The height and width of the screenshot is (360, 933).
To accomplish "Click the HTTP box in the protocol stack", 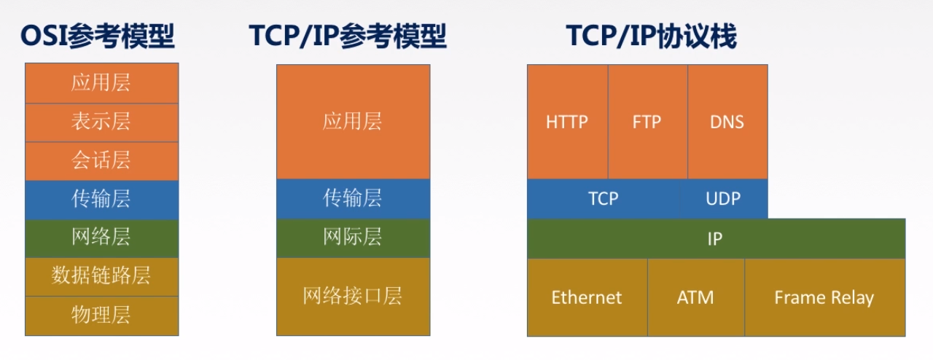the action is (x=567, y=122).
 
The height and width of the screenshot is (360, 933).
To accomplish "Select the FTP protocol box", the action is (x=648, y=122).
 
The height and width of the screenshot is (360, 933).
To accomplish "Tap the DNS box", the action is (x=727, y=122).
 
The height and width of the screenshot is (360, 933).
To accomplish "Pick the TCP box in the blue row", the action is (x=604, y=199).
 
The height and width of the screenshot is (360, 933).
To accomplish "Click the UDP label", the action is (x=723, y=199).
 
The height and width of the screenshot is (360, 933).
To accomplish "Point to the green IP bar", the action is (x=716, y=239).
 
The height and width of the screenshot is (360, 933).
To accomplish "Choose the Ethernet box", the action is (x=587, y=297).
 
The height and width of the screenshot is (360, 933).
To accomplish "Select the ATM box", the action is (x=696, y=297).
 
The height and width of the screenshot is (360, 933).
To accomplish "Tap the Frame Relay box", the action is (x=824, y=297).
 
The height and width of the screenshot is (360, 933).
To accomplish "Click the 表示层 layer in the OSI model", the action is (x=101, y=122).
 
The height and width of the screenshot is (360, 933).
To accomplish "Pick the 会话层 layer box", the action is (x=101, y=161).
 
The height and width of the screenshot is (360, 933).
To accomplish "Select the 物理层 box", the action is (x=101, y=316).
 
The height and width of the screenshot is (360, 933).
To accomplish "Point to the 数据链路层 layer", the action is (x=101, y=277).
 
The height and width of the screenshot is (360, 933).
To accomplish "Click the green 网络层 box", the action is (x=101, y=238).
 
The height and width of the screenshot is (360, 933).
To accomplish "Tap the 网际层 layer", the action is (x=354, y=238).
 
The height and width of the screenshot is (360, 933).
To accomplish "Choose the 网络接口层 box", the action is (x=354, y=297).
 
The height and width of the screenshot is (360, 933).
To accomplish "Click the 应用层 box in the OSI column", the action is (x=101, y=83).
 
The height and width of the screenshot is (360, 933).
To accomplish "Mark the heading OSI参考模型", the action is (x=98, y=36).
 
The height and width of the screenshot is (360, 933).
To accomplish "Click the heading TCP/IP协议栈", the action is (x=652, y=36).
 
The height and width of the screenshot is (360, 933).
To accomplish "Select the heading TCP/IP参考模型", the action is (x=348, y=36).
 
